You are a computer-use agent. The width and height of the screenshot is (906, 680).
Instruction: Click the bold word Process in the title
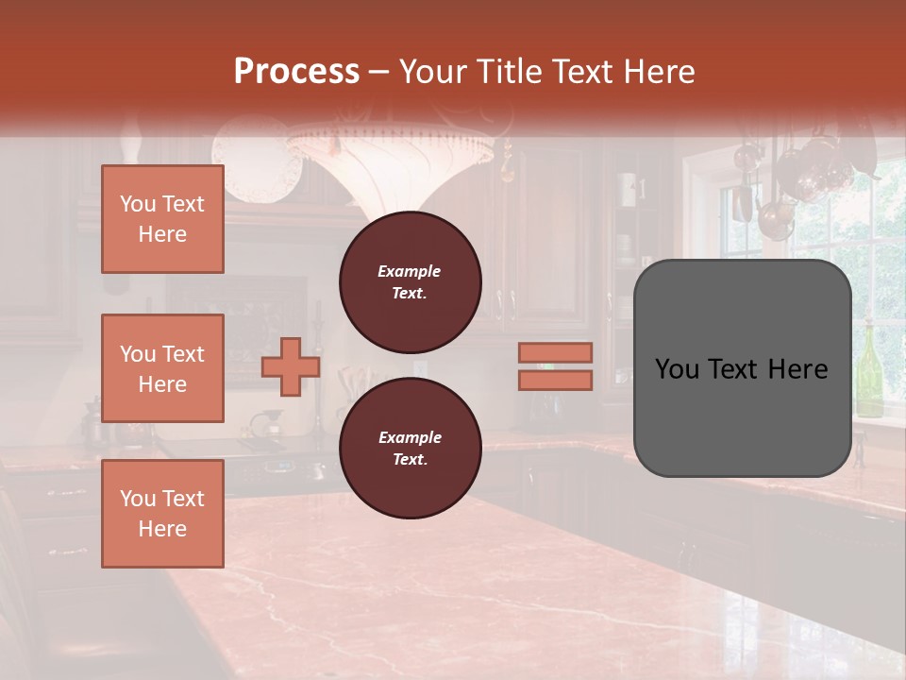[x=296, y=72]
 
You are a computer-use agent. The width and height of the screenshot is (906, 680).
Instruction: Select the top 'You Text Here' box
[x=162, y=219]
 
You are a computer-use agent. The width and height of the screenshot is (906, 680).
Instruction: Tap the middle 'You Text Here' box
[x=162, y=368]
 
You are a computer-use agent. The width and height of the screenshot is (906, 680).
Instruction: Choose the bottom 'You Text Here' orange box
[x=162, y=514]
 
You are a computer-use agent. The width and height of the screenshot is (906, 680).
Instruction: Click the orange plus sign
[x=291, y=366]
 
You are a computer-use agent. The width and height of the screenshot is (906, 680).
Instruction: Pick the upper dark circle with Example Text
[x=411, y=282]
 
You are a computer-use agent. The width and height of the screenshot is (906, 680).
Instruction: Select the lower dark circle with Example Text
[x=411, y=449]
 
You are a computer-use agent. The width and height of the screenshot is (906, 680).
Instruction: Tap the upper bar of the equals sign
[x=556, y=353]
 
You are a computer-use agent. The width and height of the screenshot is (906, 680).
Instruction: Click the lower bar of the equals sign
[x=556, y=380]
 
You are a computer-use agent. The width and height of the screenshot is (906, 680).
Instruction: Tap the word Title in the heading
[x=512, y=72]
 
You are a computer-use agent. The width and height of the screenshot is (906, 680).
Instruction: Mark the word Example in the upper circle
[x=410, y=271]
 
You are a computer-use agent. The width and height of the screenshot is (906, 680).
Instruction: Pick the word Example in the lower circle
[x=410, y=437]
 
